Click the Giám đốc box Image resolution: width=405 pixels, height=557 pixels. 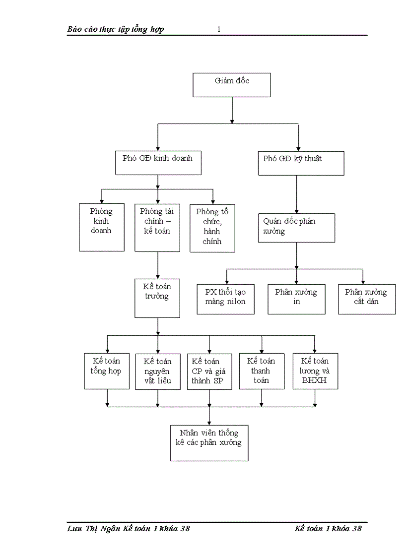(232, 85)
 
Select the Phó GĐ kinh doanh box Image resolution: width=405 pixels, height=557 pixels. (158, 163)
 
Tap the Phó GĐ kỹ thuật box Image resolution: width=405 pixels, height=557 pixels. (301, 163)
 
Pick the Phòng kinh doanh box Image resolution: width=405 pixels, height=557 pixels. (102, 227)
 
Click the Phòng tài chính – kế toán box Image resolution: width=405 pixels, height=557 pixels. (157, 227)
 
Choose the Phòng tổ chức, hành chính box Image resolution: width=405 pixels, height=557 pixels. (212, 228)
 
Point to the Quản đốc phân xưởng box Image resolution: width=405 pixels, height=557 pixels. (296, 228)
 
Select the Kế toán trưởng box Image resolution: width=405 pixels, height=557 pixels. (157, 298)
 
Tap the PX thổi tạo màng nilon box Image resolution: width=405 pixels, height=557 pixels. (226, 299)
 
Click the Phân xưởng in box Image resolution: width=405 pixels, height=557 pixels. (296, 299)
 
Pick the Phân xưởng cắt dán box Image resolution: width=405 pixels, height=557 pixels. (367, 299)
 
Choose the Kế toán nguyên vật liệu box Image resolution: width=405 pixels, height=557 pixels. (158, 371)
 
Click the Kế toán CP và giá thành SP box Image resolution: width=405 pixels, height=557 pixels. (209, 371)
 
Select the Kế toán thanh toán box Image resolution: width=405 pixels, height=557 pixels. (262, 371)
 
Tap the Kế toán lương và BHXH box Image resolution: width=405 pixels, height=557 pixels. (315, 371)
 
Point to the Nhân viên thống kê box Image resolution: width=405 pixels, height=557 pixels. (209, 443)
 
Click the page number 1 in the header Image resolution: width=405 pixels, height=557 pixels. (219, 29)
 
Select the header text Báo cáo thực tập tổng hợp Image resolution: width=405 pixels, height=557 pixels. (116, 29)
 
